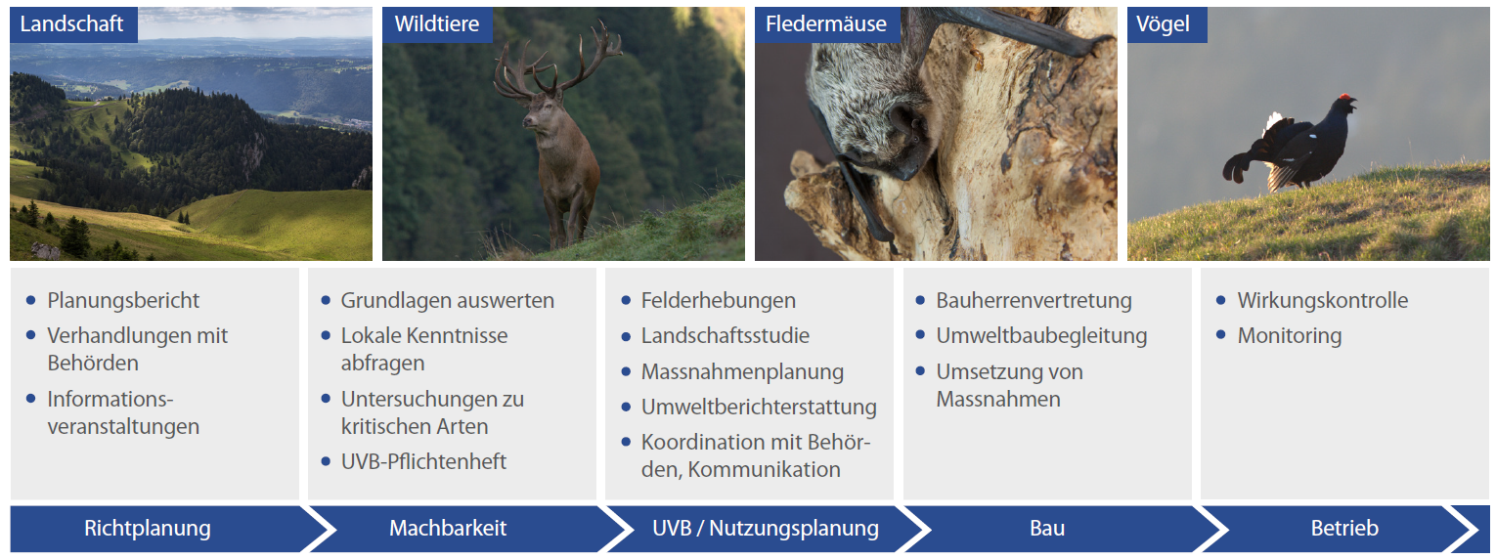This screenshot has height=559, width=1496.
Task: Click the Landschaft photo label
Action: point(73,24)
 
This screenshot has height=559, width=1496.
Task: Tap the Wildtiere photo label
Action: point(437,24)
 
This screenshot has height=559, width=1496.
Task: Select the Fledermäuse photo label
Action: point(826,24)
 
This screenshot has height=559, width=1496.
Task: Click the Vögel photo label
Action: point(1166,24)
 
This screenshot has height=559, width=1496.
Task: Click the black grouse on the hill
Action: point(1288,145)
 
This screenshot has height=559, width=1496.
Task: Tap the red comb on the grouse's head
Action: point(1343,99)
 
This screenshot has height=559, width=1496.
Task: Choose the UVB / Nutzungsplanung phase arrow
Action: point(763,529)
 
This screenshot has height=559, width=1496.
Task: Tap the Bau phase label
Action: point(1047,529)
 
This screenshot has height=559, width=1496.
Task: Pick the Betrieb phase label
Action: point(1344,529)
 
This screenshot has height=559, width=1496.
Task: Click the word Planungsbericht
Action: point(123,301)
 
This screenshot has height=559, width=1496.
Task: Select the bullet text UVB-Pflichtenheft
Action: point(423,461)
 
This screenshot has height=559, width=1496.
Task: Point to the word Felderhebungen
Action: point(719,301)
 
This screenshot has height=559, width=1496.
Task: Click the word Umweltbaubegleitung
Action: point(1041,336)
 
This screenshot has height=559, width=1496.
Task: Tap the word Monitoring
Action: point(1290,336)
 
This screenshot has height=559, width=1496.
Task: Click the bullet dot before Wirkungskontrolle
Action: point(1221,301)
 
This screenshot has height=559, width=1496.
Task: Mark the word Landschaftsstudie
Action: point(726,336)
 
